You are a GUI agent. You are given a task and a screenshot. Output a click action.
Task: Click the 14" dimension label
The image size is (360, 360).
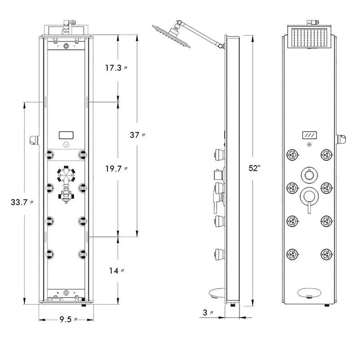point(116,271)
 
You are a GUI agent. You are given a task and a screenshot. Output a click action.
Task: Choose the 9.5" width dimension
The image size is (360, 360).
point(66,319)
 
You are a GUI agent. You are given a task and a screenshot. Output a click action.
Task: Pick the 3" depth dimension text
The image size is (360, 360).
point(208,312)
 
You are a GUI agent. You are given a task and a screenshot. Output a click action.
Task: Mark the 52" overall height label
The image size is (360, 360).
point(254,168)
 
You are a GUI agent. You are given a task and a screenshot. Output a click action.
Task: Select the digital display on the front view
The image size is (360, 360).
point(309,136)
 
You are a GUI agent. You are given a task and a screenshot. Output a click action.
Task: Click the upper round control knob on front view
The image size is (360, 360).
point(308,174)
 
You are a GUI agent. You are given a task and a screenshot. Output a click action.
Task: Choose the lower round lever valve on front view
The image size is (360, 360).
point(308,196)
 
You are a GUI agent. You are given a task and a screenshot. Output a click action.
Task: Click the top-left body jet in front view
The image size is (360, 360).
point(292,154)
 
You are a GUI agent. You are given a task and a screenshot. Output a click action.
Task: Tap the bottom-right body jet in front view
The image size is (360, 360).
point(326,253)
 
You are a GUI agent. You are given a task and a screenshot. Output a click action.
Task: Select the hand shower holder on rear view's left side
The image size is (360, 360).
point(34,140)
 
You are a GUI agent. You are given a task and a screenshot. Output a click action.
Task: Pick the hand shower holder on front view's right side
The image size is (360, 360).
point(341,140)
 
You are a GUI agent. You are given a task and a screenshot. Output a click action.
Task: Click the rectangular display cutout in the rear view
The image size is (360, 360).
point(66,135)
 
